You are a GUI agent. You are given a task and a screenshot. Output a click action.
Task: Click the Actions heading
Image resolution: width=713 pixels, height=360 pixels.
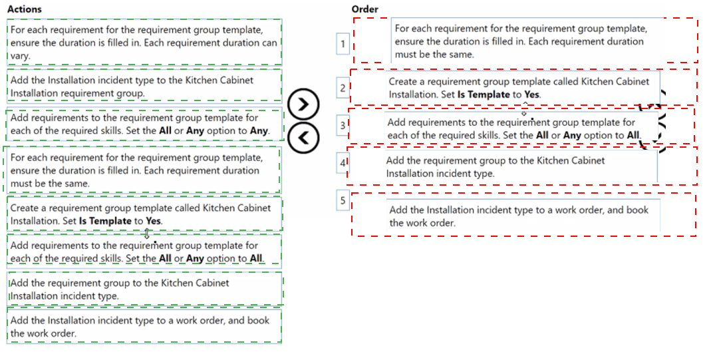tap(25, 9)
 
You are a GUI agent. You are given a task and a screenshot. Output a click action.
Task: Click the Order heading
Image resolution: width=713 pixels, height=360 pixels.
tap(364, 9)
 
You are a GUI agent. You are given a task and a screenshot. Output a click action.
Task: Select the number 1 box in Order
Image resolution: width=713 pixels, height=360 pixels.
tap(343, 44)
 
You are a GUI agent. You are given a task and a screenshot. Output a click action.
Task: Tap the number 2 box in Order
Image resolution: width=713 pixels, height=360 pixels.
tap(343, 87)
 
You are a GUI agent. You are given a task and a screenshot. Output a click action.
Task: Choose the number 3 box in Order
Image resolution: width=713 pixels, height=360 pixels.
tap(343, 125)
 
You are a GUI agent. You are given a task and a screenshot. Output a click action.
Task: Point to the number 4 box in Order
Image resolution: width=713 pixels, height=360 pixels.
tap(343, 162)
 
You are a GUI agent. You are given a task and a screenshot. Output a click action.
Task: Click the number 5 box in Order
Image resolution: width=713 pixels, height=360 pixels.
tap(343, 201)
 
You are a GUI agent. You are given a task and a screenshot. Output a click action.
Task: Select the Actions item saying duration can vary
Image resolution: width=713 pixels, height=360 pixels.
tap(144, 43)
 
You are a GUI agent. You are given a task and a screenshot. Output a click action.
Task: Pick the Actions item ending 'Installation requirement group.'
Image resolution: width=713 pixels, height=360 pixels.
tap(144, 87)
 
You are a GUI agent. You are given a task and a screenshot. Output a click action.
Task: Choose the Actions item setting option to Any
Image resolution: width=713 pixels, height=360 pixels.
tap(144, 124)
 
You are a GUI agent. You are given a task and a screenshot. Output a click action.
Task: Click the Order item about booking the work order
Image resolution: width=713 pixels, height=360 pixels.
tap(523, 215)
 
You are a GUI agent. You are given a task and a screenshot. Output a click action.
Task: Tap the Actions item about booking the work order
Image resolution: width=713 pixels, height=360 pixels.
tap(144, 327)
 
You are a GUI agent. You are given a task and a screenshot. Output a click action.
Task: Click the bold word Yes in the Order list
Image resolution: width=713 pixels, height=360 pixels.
tap(531, 94)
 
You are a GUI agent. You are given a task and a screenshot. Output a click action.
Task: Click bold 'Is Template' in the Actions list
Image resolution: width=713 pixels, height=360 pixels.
tap(105, 221)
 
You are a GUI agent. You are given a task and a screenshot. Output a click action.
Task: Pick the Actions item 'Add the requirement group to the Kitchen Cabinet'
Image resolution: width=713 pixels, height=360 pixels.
tap(144, 289)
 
